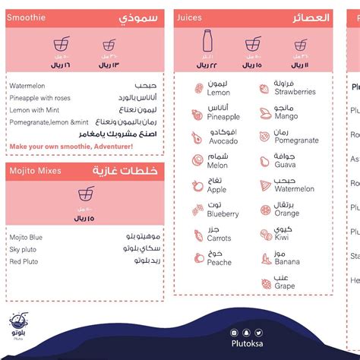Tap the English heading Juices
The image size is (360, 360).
pyautogui.click(x=189, y=17)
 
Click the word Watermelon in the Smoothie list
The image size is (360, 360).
pyautogui.click(x=27, y=86)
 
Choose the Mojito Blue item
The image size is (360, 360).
pyautogui.click(x=27, y=238)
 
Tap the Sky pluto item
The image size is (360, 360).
pyautogui.click(x=24, y=249)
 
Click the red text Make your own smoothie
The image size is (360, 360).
pyautogui.click(x=71, y=146)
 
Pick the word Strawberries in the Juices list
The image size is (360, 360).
pyautogui.click(x=295, y=92)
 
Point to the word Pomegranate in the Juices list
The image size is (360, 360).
pyautogui.click(x=296, y=141)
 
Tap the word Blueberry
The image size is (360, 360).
pyautogui.click(x=223, y=215)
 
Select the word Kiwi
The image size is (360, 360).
pyautogui.click(x=282, y=238)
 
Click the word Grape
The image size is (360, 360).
pyautogui.click(x=284, y=286)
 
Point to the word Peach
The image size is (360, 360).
pyautogui.click(x=219, y=263)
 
